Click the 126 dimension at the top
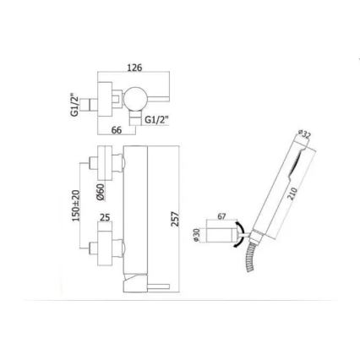coord(134,68)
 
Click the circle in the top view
coord(134,102)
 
